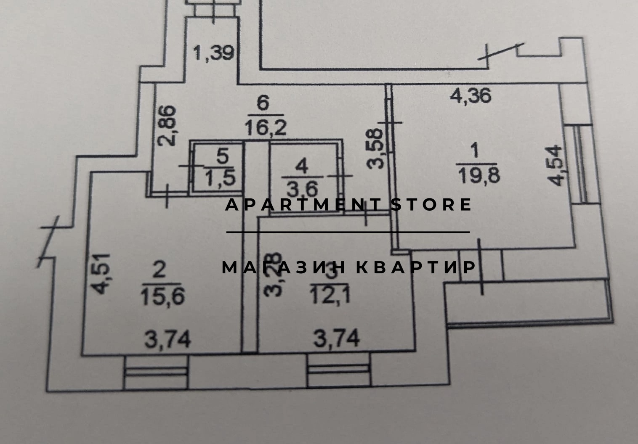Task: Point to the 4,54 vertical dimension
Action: pyautogui.click(x=556, y=165)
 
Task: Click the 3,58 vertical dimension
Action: pyautogui.click(x=375, y=148)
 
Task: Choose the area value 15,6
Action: pyautogui.click(x=163, y=298)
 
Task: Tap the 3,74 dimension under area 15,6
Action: pyautogui.click(x=167, y=339)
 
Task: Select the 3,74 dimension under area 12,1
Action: pyautogui.click(x=337, y=338)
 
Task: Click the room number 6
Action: pyautogui.click(x=263, y=103)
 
